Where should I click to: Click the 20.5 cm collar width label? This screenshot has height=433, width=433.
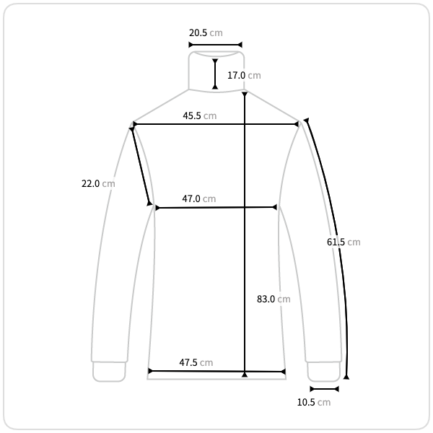(x=206, y=33)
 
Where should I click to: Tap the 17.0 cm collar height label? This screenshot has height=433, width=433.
(x=244, y=75)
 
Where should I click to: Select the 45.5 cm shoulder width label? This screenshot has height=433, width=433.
(x=200, y=115)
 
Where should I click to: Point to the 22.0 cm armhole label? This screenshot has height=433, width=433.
(x=98, y=183)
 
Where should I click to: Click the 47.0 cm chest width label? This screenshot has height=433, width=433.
(x=199, y=199)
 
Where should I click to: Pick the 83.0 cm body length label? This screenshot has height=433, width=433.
(x=274, y=299)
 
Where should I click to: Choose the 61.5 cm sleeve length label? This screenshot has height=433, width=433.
(x=344, y=242)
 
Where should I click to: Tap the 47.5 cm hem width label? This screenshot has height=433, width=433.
(x=196, y=362)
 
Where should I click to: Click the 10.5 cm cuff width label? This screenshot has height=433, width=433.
(x=314, y=403)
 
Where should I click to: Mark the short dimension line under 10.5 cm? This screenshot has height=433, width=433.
(x=325, y=389)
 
